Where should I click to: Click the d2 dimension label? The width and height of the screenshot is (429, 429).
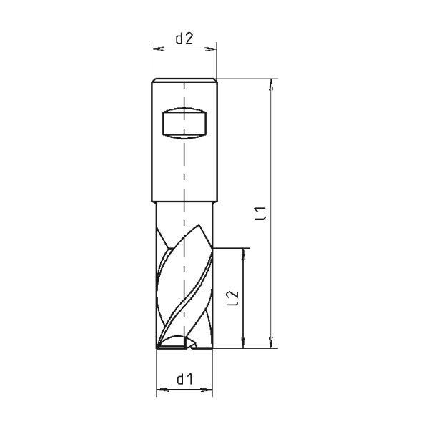[x=184, y=39]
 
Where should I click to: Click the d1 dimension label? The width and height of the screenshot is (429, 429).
[x=185, y=379]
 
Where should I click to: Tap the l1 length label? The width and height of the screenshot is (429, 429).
[x=260, y=213]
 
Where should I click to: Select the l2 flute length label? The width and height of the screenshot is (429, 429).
[x=233, y=298]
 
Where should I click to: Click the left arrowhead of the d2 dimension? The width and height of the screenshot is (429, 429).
[x=158, y=49]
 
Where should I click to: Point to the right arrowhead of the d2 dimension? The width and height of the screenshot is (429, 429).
[x=211, y=49]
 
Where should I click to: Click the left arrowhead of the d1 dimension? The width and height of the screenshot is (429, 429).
[x=162, y=390]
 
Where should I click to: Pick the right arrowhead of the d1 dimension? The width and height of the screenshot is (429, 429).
[x=207, y=390]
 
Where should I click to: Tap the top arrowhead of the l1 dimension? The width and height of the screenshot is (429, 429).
[x=271, y=85]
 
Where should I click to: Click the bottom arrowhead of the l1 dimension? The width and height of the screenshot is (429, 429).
[x=271, y=342]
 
